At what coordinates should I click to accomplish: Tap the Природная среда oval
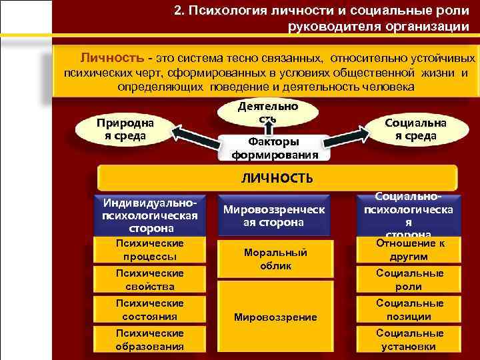coord(124,129)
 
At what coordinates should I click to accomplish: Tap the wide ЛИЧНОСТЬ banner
coord(277,179)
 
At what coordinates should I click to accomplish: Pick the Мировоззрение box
coord(275,317)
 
